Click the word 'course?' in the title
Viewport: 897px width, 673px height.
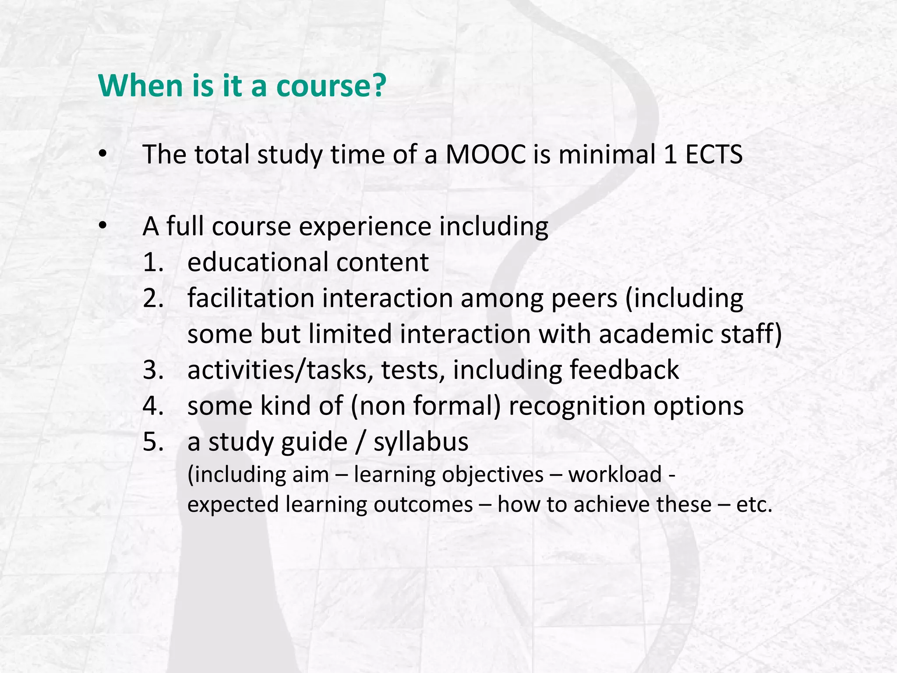tap(331, 86)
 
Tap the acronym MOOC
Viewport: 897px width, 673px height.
tap(486, 155)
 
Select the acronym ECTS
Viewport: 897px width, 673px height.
tap(714, 155)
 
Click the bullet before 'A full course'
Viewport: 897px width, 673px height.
tap(102, 226)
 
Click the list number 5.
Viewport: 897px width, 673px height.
tap(153, 442)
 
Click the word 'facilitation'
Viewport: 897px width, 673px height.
tap(251, 298)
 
